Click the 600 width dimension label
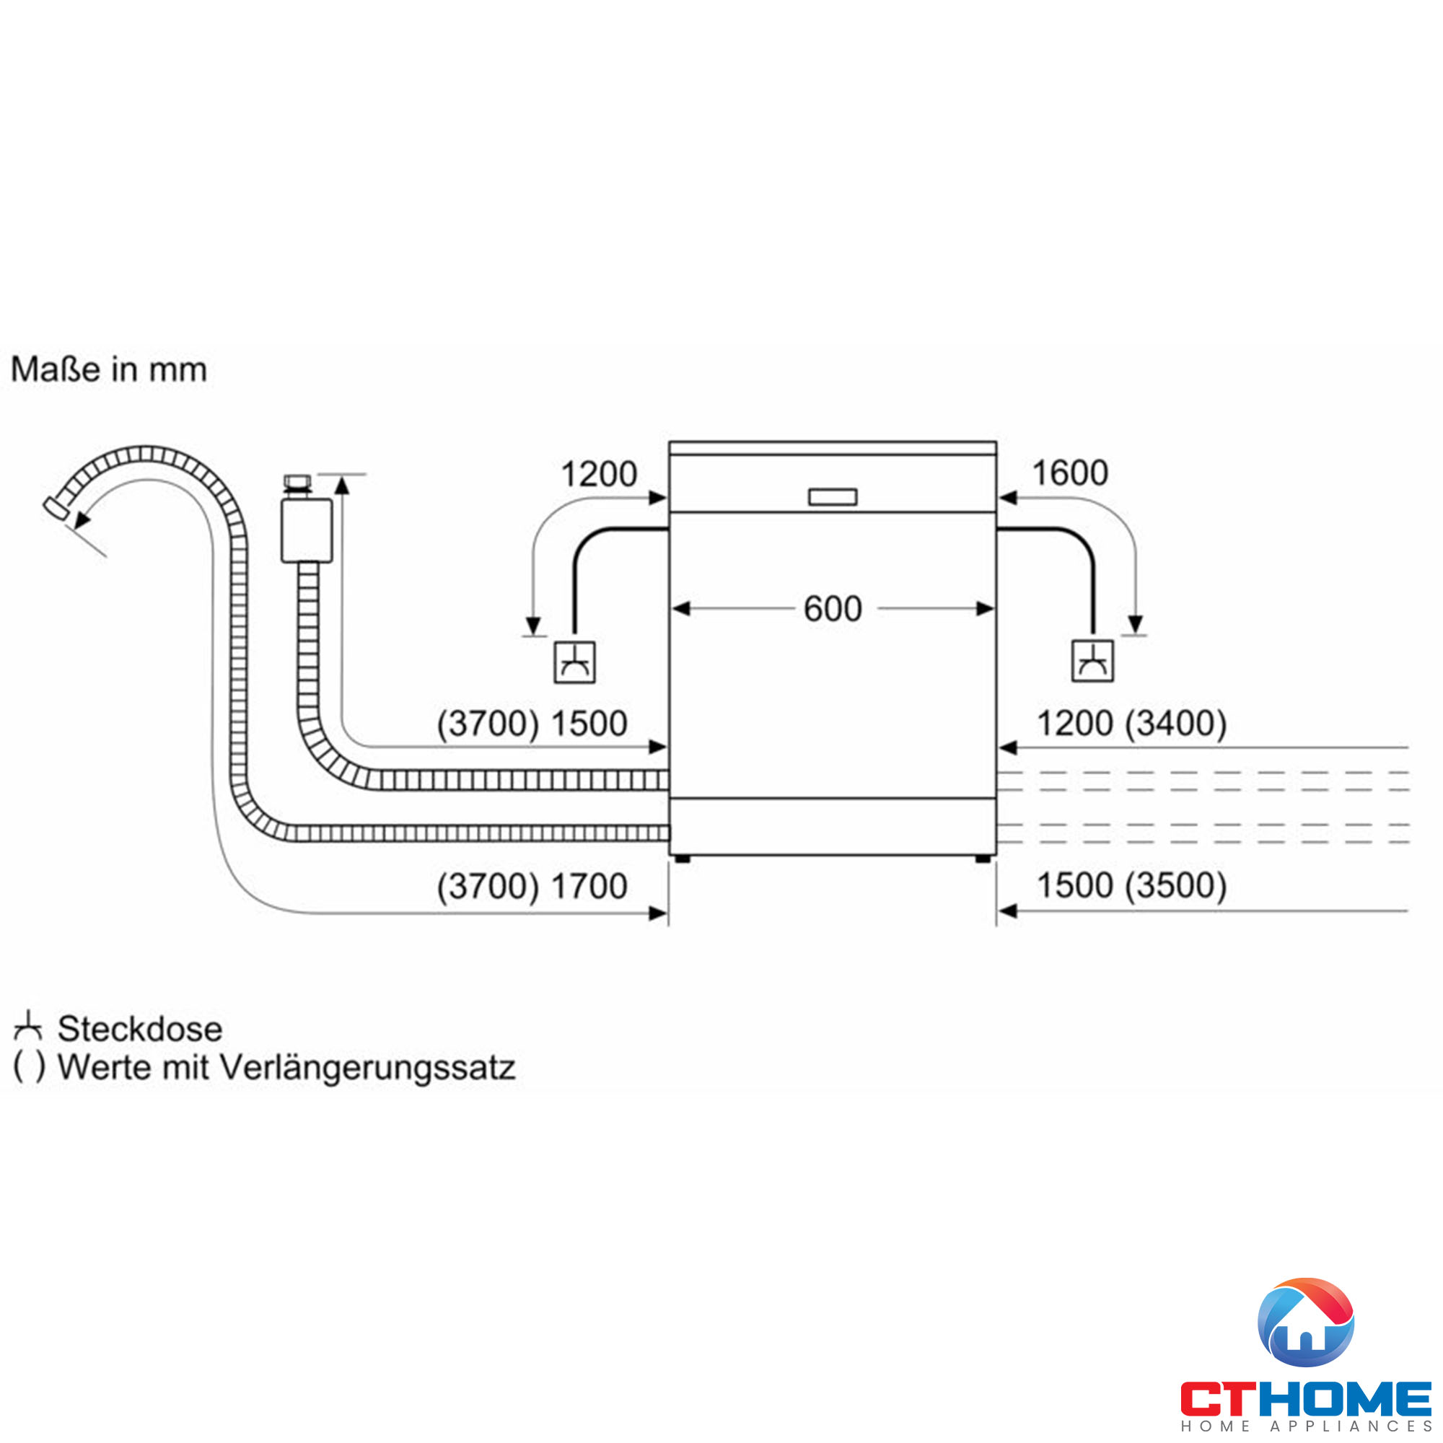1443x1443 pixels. pyautogui.click(x=832, y=610)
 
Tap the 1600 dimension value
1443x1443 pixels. pyautogui.click(x=1069, y=473)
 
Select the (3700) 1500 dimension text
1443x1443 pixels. pyautogui.click(x=532, y=724)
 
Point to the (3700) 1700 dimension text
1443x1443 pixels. pyautogui.click(x=532, y=887)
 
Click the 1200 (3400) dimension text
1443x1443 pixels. pyautogui.click(x=1131, y=723)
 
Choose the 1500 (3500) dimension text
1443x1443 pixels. pyautogui.click(x=1131, y=886)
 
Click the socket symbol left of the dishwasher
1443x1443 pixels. pyautogui.click(x=574, y=662)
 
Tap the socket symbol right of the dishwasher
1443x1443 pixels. pyautogui.click(x=1092, y=661)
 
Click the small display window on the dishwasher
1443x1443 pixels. pyautogui.click(x=832, y=496)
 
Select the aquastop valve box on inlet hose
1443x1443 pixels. pyautogui.click(x=306, y=530)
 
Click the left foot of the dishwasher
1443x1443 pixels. pyautogui.click(x=682, y=859)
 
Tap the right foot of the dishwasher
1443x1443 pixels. pyautogui.click(x=983, y=859)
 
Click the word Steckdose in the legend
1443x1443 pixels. pyautogui.click(x=140, y=1030)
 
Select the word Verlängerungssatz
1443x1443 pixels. pyautogui.click(x=367, y=1067)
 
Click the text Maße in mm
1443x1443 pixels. pyautogui.click(x=109, y=369)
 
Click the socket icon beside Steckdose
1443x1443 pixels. pyautogui.click(x=27, y=1027)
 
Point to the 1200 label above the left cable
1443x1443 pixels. pyautogui.click(x=598, y=474)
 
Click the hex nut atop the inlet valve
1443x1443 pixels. pyautogui.click(x=297, y=481)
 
